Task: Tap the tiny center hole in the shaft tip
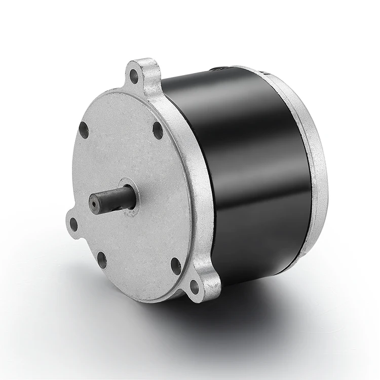(94, 204)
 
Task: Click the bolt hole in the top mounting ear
(134, 77)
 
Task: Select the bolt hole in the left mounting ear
(74, 224)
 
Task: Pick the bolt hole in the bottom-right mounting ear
(194, 287)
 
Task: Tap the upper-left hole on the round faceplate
(84, 130)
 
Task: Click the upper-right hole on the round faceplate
(158, 130)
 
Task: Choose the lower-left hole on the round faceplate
(102, 260)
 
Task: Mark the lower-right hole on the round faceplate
(176, 265)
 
